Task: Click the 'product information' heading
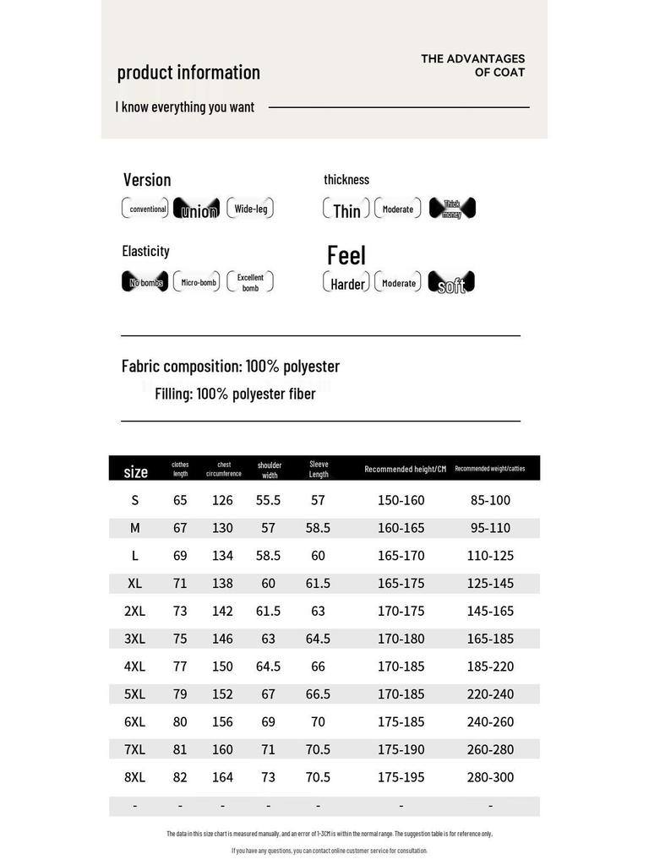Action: tap(188, 73)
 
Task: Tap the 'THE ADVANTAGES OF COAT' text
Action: tap(472, 66)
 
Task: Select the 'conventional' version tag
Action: tap(146, 209)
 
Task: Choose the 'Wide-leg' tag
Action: tap(250, 209)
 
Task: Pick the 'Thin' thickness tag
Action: tap(346, 209)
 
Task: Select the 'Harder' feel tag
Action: tap(346, 284)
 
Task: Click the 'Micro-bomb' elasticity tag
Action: tap(197, 282)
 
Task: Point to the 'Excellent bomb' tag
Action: tap(250, 282)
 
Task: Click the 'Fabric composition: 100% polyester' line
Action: tap(231, 367)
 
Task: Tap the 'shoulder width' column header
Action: tap(269, 470)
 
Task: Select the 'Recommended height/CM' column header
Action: tap(405, 469)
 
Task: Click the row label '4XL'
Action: tap(135, 666)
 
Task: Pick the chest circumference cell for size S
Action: tap(222, 500)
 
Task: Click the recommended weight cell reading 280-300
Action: tap(490, 777)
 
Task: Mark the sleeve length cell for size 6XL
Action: tap(318, 722)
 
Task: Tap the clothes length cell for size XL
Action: tap(180, 584)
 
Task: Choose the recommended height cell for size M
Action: tap(401, 528)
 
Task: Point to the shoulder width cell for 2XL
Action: tap(268, 611)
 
